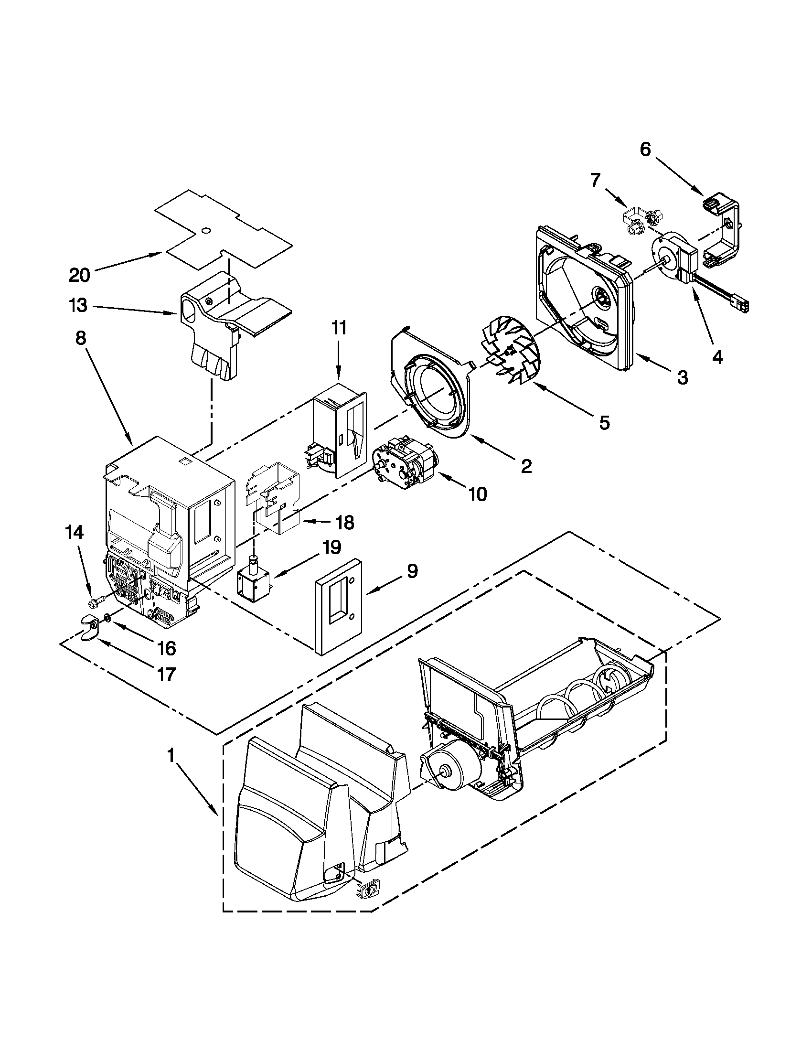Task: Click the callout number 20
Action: pos(79,275)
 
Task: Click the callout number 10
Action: pos(478,494)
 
